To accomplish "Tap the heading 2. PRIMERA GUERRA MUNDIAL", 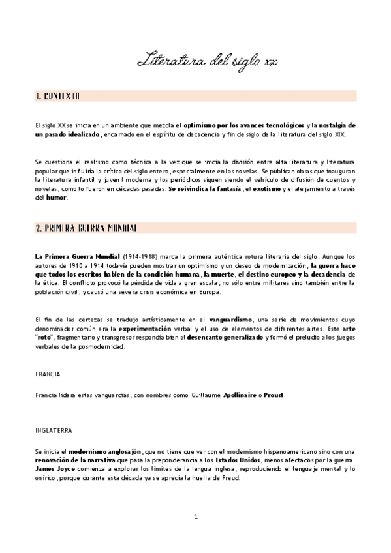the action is pyautogui.click(x=86, y=228).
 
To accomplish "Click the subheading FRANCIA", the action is pyautogui.click(x=48, y=374).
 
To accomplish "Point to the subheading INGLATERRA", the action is pyautogui.click(x=54, y=431).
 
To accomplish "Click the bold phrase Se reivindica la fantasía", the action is pyautogui.click(x=204, y=188).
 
